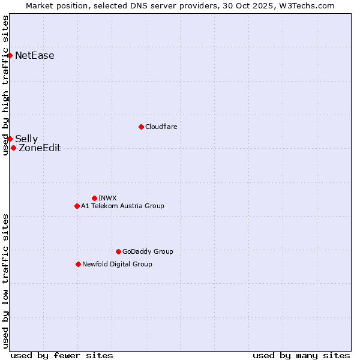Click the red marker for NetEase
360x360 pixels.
10,56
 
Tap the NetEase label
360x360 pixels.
34,56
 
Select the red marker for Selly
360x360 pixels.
10,139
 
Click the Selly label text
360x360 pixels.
26,139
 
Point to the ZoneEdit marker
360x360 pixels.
13,148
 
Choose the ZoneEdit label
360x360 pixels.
40,148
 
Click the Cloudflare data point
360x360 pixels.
141,127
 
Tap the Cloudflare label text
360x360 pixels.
161,127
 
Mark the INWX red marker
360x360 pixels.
94,198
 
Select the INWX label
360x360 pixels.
107,198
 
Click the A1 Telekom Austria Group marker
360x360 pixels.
77,206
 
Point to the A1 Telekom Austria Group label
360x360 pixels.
122,206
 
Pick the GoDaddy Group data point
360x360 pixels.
118,251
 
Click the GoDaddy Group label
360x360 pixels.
148,251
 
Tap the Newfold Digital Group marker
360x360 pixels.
78,264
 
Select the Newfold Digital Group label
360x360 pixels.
117,264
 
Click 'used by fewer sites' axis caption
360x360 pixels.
62,355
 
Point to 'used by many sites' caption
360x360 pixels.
301,355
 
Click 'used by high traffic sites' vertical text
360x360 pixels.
5,85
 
